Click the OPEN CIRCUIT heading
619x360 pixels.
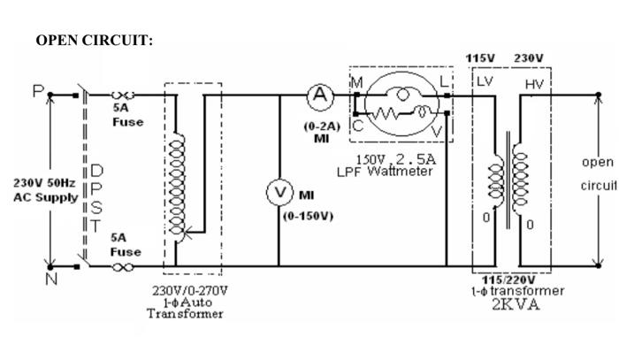95,41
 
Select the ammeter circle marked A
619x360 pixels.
317,94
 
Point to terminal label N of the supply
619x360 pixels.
38,279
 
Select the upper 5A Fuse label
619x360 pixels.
127,115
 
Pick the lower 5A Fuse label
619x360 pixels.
126,245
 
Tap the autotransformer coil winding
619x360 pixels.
177,186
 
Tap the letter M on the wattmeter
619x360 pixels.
357,82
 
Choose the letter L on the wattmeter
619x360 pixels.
443,81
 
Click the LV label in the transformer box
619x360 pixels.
485,82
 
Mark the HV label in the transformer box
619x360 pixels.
534,84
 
